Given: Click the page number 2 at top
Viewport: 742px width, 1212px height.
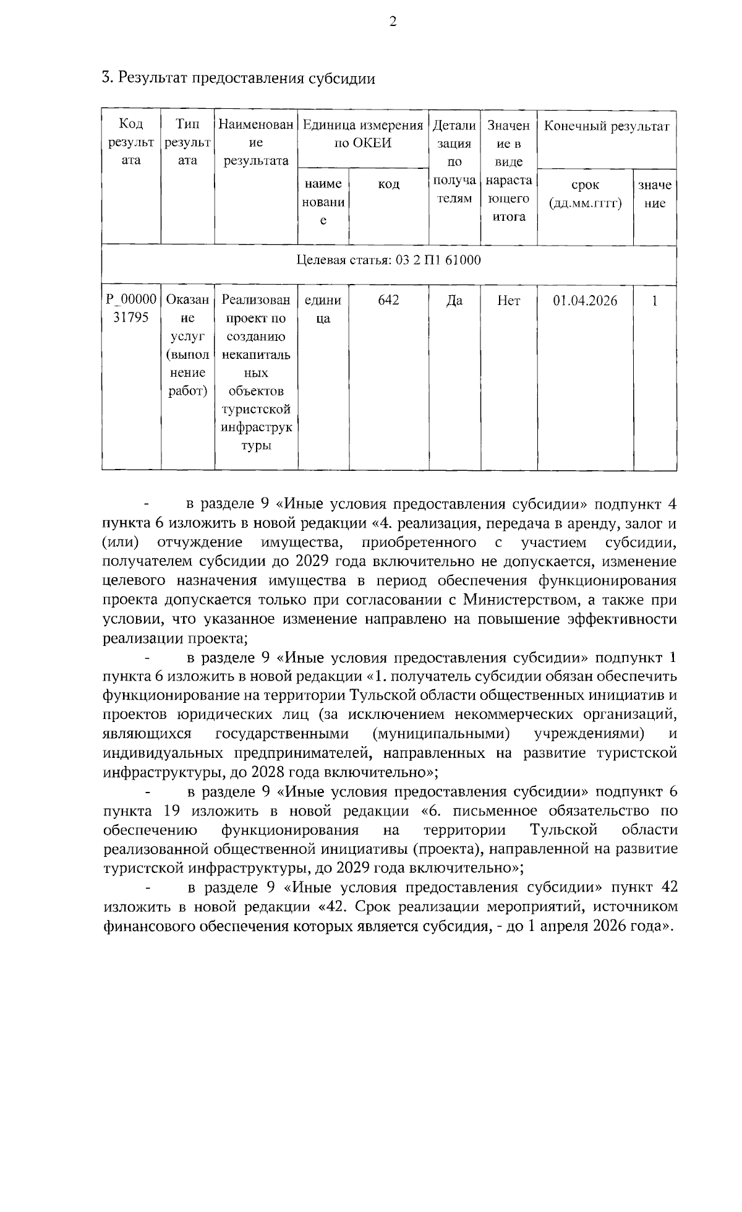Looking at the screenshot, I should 392,23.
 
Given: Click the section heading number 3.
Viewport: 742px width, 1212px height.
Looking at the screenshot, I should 106,78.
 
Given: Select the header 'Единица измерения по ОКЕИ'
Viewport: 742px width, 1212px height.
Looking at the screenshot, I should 363,134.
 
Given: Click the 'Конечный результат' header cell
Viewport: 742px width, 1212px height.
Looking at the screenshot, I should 606,127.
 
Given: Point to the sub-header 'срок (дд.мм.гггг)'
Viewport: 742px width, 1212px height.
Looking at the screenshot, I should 585,194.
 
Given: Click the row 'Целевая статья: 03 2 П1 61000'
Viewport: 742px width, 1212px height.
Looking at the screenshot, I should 388,260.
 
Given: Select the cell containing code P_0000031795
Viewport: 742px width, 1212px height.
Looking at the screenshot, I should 130,309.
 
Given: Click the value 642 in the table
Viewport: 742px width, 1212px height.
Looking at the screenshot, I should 388,301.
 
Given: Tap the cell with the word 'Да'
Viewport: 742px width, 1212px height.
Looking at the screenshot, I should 454,301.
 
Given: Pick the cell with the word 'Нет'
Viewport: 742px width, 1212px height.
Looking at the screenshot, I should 508,301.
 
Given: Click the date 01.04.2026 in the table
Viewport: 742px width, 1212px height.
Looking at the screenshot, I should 585,301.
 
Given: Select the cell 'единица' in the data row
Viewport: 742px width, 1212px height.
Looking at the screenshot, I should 323,309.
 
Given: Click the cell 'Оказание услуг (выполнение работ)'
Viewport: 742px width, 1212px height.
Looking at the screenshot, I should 187,346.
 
